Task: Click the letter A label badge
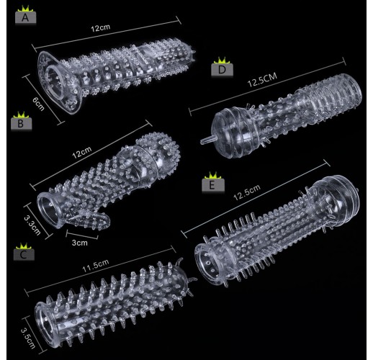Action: click(x=26, y=18)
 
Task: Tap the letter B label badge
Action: click(x=22, y=124)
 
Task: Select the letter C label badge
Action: click(x=24, y=255)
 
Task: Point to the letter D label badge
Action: click(x=222, y=70)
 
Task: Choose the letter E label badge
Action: click(x=213, y=185)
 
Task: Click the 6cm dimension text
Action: click(x=38, y=104)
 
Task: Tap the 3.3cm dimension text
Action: click(x=32, y=225)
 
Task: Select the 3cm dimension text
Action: click(x=80, y=243)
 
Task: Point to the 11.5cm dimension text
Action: click(x=96, y=266)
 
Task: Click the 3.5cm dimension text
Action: click(x=28, y=338)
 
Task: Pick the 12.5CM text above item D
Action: click(x=262, y=80)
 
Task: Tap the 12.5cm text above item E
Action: click(x=247, y=192)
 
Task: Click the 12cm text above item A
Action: click(x=101, y=28)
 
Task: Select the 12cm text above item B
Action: click(x=82, y=153)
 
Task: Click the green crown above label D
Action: click(x=222, y=60)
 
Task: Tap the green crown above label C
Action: click(x=24, y=246)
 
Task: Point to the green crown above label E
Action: click(x=212, y=176)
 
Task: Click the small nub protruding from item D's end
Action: click(x=207, y=140)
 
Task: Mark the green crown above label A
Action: click(x=25, y=9)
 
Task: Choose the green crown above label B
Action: click(x=21, y=114)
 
